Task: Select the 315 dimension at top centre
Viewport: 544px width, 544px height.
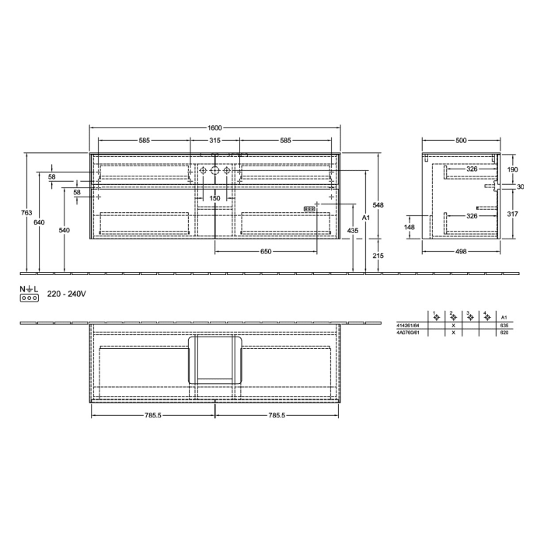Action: tap(215, 141)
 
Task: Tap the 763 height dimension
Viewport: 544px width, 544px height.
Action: tap(26, 212)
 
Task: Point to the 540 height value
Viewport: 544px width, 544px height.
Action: tap(64, 231)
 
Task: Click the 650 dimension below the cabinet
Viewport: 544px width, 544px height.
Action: tap(266, 251)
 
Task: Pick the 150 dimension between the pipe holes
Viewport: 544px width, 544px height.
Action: tap(215, 198)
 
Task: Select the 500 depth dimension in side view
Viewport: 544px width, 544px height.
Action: tap(461, 141)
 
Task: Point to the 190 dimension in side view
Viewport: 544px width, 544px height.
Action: tap(512, 169)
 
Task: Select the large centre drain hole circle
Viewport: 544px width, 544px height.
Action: tap(215, 170)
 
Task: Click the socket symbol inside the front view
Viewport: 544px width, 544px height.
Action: tap(309, 209)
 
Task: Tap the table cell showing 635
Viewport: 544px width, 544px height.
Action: tap(504, 325)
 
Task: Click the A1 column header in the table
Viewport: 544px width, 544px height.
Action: tap(504, 317)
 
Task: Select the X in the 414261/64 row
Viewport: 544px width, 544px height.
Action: tap(453, 325)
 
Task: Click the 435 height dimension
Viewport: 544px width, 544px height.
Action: tap(354, 231)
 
